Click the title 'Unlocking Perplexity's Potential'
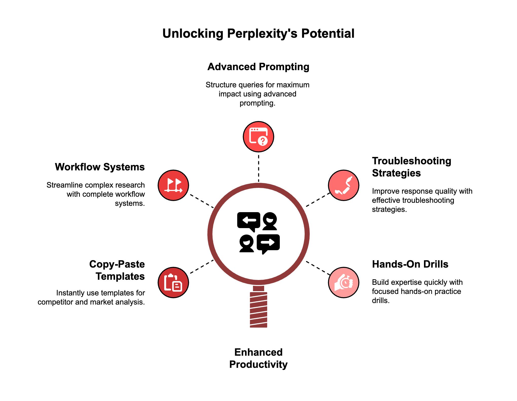258,33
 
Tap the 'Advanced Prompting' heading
258,67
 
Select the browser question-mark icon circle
258,137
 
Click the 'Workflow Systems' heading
100,167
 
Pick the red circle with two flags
173,185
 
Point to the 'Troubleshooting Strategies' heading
411,167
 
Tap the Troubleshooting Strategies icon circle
343,185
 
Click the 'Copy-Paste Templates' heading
117,270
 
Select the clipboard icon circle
173,283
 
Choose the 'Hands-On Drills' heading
410,264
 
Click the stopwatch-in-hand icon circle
343,283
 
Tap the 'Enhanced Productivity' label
258,358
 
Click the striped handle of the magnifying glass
258,310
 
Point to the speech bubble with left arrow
249,221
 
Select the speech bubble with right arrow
268,243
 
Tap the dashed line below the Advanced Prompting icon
258,168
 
